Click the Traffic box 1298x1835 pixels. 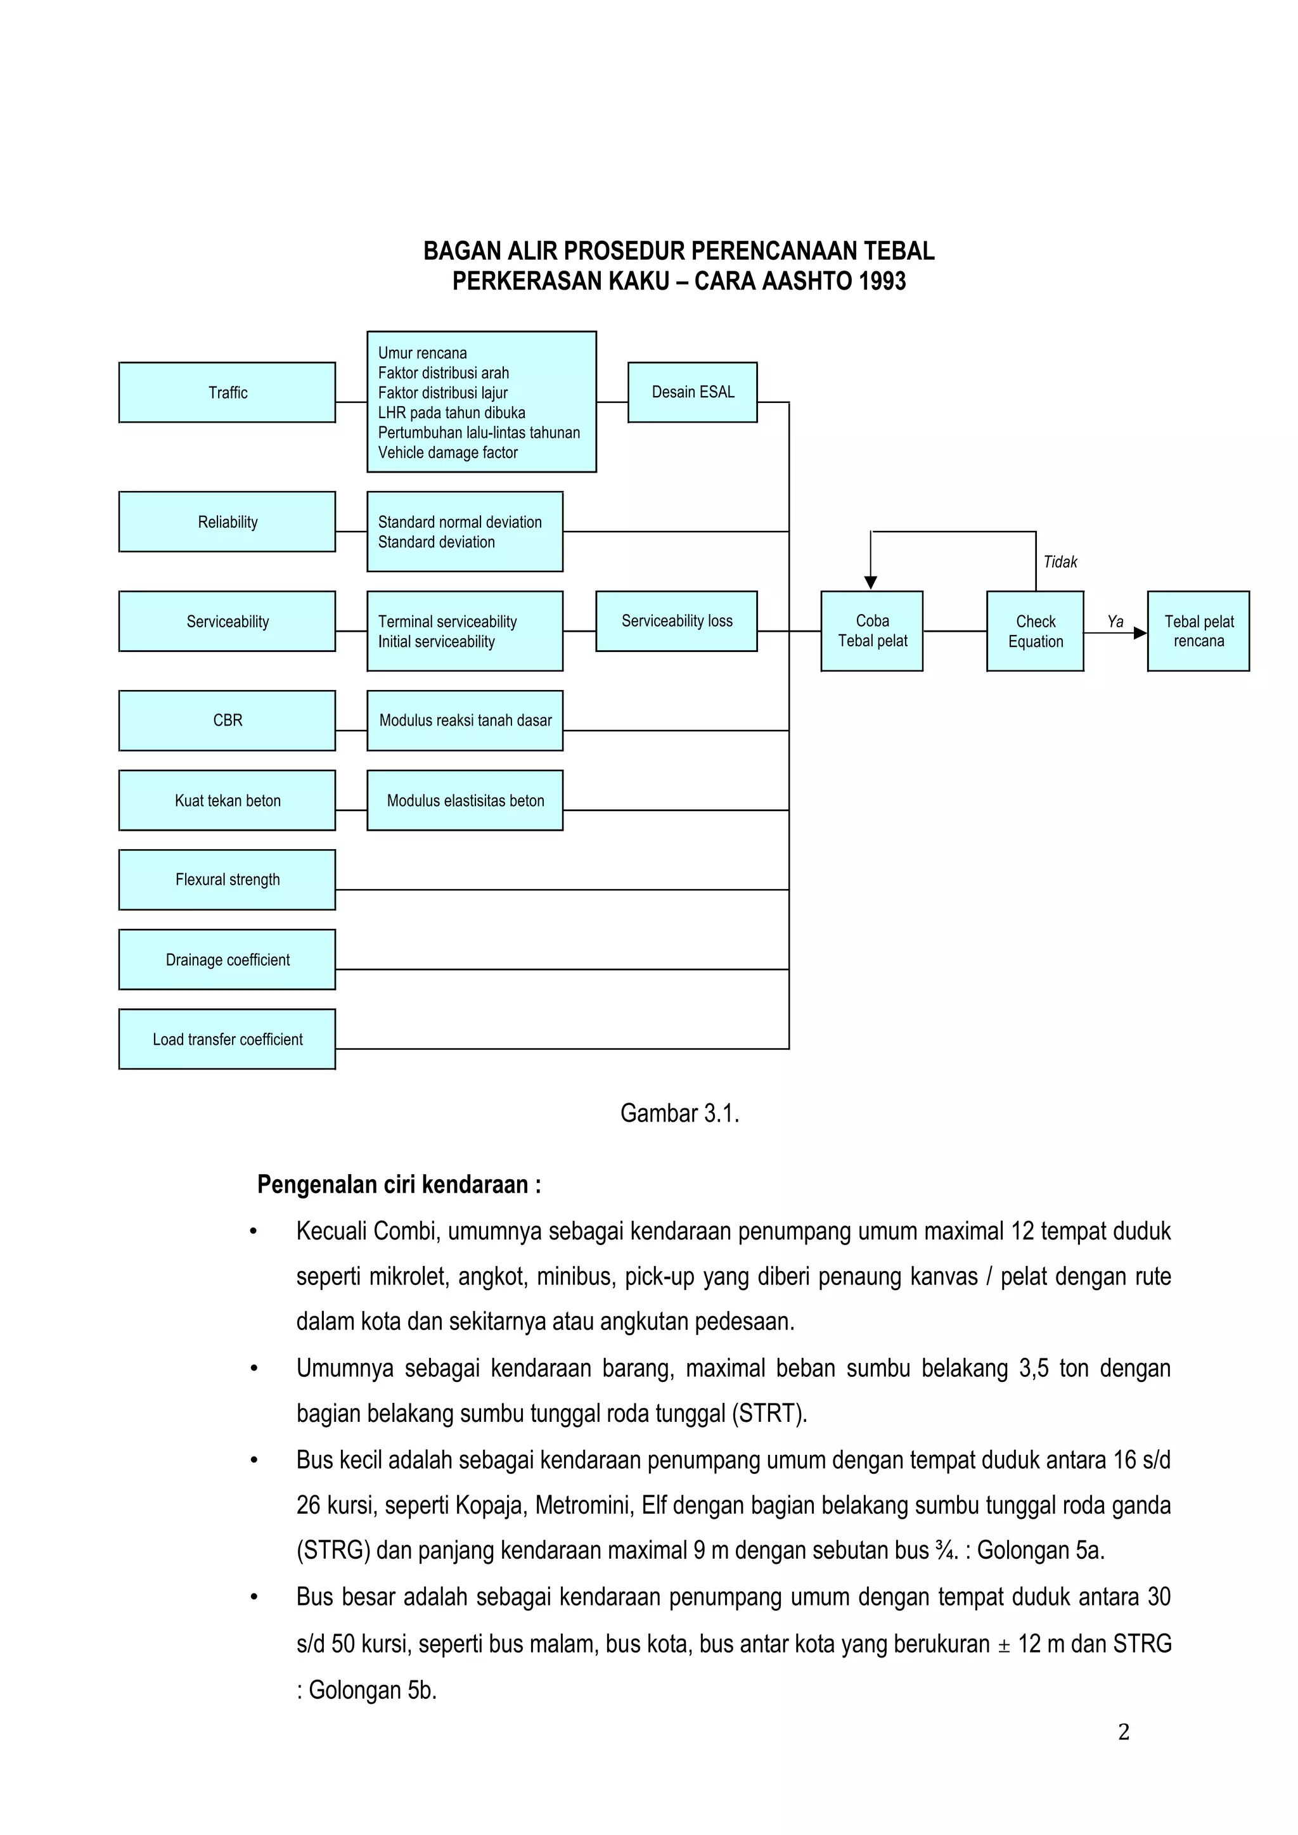227,392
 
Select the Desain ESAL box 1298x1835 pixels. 692,392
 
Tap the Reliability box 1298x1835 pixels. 227,522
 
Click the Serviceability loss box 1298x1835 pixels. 676,621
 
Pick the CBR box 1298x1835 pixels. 227,720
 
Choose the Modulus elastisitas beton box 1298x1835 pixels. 465,800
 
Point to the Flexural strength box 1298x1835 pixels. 227,879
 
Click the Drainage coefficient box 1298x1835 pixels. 227,959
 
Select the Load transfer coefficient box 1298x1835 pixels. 227,1039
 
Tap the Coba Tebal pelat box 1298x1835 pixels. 872,630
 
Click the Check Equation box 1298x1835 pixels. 1035,630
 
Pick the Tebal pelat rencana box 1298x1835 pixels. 1198,630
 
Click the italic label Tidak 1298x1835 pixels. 1060,562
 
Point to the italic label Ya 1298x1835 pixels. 1115,621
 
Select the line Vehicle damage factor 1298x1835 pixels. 447,452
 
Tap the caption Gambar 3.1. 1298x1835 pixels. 679,1113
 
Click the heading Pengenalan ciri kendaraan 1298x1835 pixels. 399,1184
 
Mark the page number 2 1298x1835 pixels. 1123,1732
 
